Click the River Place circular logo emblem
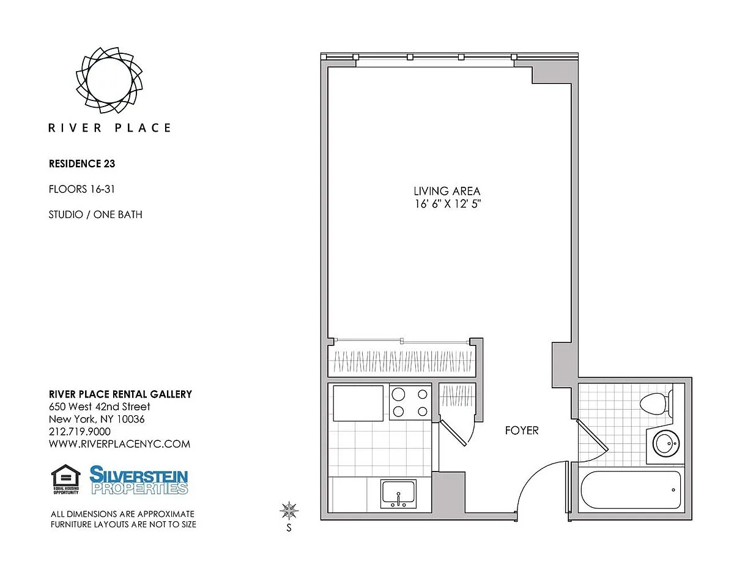[x=109, y=80]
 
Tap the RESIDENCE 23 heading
[x=82, y=164]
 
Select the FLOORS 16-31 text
[x=82, y=189]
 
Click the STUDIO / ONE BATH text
[x=95, y=215]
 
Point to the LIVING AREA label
[x=447, y=191]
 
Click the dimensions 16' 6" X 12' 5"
[x=448, y=204]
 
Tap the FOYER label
[x=522, y=431]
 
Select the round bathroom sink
[x=665, y=443]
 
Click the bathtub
[x=631, y=490]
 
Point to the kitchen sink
[x=398, y=493]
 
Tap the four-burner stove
[x=410, y=402]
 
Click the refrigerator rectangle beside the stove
[x=358, y=404]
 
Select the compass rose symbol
[x=289, y=511]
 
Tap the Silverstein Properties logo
[x=139, y=480]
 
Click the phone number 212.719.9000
[x=80, y=432]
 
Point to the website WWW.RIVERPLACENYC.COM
[x=119, y=444]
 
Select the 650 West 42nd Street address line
[x=99, y=407]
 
